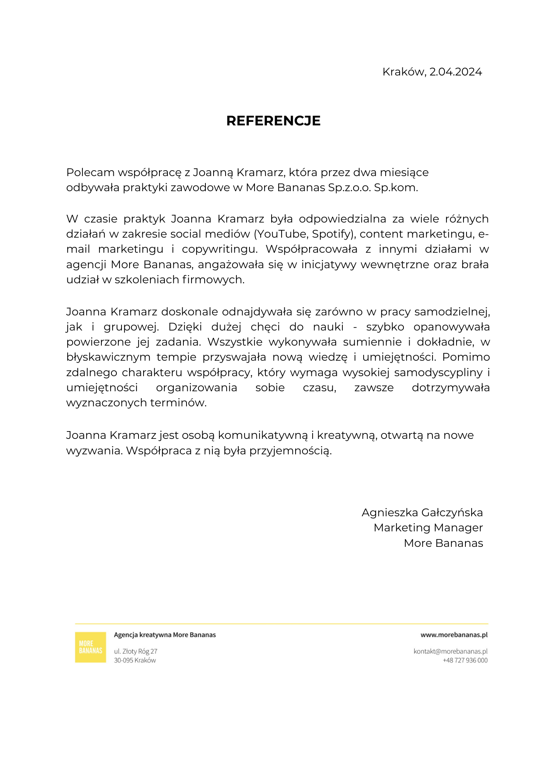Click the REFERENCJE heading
click(x=273, y=121)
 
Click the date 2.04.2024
click(x=456, y=72)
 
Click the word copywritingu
click(x=219, y=250)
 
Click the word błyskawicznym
click(x=108, y=357)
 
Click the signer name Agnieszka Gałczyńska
click(x=422, y=513)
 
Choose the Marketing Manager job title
click(x=428, y=528)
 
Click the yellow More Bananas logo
click(x=91, y=647)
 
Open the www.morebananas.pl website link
click(x=454, y=635)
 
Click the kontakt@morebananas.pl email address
click(x=450, y=651)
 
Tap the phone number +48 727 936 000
click(x=465, y=660)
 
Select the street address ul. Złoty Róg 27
click(x=135, y=651)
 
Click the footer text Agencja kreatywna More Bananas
click(x=165, y=635)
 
